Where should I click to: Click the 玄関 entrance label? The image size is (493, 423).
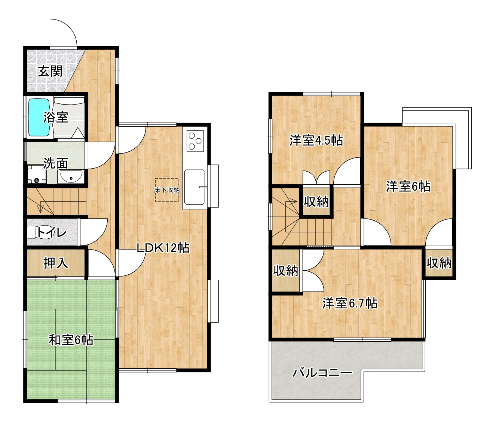[x=50, y=72]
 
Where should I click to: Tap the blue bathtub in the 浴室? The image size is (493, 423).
[x=39, y=117]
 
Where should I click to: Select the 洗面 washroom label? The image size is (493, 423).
[x=56, y=163]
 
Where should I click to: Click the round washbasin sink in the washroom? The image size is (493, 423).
[x=71, y=177]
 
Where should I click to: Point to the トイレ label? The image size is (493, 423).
[x=51, y=232]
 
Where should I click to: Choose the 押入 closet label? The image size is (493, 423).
[x=56, y=263]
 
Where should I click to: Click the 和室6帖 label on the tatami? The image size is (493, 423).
[x=71, y=340]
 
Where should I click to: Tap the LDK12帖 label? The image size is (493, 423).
[x=163, y=248]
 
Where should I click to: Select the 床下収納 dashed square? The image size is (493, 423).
[x=167, y=190]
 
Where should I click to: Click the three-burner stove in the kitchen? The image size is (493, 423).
[x=195, y=141]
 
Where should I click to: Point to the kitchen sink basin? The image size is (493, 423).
[x=195, y=187]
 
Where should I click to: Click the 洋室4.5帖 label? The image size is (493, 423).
[x=316, y=141]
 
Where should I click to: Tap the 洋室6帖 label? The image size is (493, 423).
[x=408, y=187]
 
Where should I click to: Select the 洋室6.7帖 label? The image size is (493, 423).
[x=350, y=303]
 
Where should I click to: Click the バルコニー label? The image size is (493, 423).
[x=322, y=373]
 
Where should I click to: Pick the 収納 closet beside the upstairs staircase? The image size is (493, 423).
[x=316, y=202]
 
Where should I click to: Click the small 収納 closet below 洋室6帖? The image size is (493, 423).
[x=439, y=263]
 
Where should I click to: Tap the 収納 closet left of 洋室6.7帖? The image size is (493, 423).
[x=286, y=271]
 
